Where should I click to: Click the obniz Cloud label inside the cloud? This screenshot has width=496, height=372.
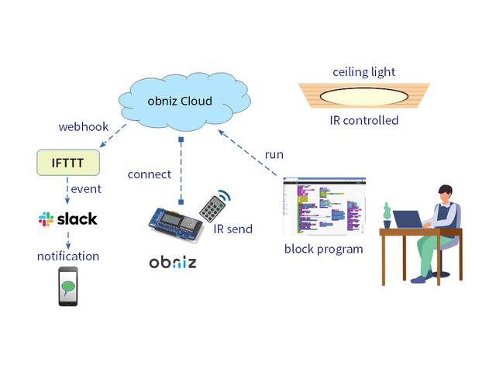coord(180,102)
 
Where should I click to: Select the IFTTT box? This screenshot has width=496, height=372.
coord(70,163)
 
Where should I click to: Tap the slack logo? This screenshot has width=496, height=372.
coord(68,219)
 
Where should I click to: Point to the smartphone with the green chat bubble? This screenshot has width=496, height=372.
coord(68,286)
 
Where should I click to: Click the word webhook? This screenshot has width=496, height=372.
coord(82,126)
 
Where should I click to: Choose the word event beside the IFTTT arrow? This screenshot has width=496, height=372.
coord(86,189)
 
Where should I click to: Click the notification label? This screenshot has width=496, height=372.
coord(68,256)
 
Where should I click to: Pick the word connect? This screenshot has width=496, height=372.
coord(150,174)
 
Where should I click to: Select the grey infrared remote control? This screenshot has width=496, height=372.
coord(212,207)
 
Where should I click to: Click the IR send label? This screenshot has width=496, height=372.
coord(233,229)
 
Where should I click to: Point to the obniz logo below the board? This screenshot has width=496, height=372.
coord(172,262)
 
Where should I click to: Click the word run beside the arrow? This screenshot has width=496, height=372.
coord(274,154)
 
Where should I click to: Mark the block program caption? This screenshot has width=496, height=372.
coord(323,250)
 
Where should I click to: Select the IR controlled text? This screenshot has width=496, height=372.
coord(364,121)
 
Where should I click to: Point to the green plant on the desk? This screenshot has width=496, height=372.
coord(386,212)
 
